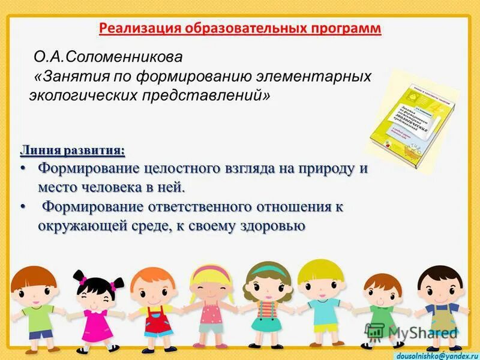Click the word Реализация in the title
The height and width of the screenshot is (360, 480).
pyautogui.click(x=134, y=29)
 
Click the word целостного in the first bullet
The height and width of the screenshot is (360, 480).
pyautogui.click(x=170, y=169)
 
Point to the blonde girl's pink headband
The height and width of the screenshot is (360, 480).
pyautogui.click(x=211, y=271)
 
